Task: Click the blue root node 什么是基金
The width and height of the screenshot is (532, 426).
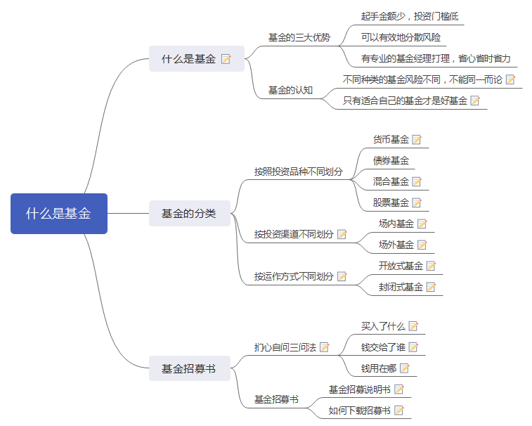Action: [58, 214]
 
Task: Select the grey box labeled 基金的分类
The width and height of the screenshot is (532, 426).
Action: [189, 214]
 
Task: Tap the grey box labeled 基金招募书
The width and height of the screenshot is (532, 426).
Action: [189, 368]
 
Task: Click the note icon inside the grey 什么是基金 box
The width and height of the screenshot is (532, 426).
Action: [226, 59]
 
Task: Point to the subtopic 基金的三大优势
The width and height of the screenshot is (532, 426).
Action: [299, 37]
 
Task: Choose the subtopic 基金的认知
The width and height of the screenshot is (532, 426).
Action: [290, 90]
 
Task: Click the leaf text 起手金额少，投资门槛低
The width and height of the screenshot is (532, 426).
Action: [410, 16]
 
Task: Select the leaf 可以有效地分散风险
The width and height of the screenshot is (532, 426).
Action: [401, 37]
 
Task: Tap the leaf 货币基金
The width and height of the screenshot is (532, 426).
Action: [391, 139]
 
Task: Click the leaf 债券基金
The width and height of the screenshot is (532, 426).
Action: [391, 160]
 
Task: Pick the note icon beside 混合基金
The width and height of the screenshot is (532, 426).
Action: [417, 181]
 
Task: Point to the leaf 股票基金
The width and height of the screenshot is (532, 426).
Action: [391, 202]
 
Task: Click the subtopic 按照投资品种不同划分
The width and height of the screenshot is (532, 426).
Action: [299, 171]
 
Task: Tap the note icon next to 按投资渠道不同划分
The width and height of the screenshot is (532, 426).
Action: [342, 234]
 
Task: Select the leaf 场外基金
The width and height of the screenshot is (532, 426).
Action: [396, 245]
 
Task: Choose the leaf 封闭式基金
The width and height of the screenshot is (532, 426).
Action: [401, 287]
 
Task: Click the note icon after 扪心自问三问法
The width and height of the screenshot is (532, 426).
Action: [325, 347]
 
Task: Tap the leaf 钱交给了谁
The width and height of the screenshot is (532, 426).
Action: [383, 347]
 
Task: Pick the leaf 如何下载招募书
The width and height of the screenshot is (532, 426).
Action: [360, 410]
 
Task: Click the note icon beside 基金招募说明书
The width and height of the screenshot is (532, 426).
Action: [399, 389]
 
